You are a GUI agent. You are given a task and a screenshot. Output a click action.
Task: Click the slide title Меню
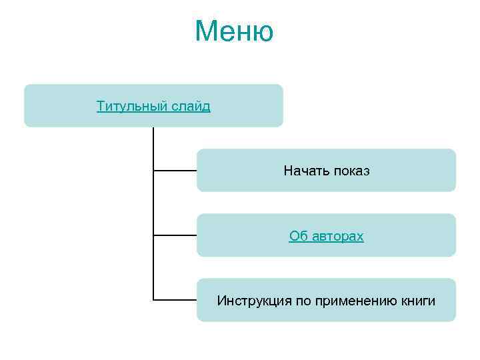[x=234, y=31]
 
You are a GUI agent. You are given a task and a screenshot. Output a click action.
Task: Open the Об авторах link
[x=326, y=236]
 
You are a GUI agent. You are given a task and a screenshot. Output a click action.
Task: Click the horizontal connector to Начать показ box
[x=175, y=171]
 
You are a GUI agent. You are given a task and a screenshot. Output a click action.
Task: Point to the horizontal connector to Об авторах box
[x=175, y=235]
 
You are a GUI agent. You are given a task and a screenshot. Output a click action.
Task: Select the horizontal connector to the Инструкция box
[x=175, y=300]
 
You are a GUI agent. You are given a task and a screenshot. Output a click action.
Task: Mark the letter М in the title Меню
[x=206, y=31]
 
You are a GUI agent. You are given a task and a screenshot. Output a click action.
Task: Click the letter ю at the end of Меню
[x=263, y=33]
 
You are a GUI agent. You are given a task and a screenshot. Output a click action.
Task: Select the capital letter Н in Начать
[x=287, y=171]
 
